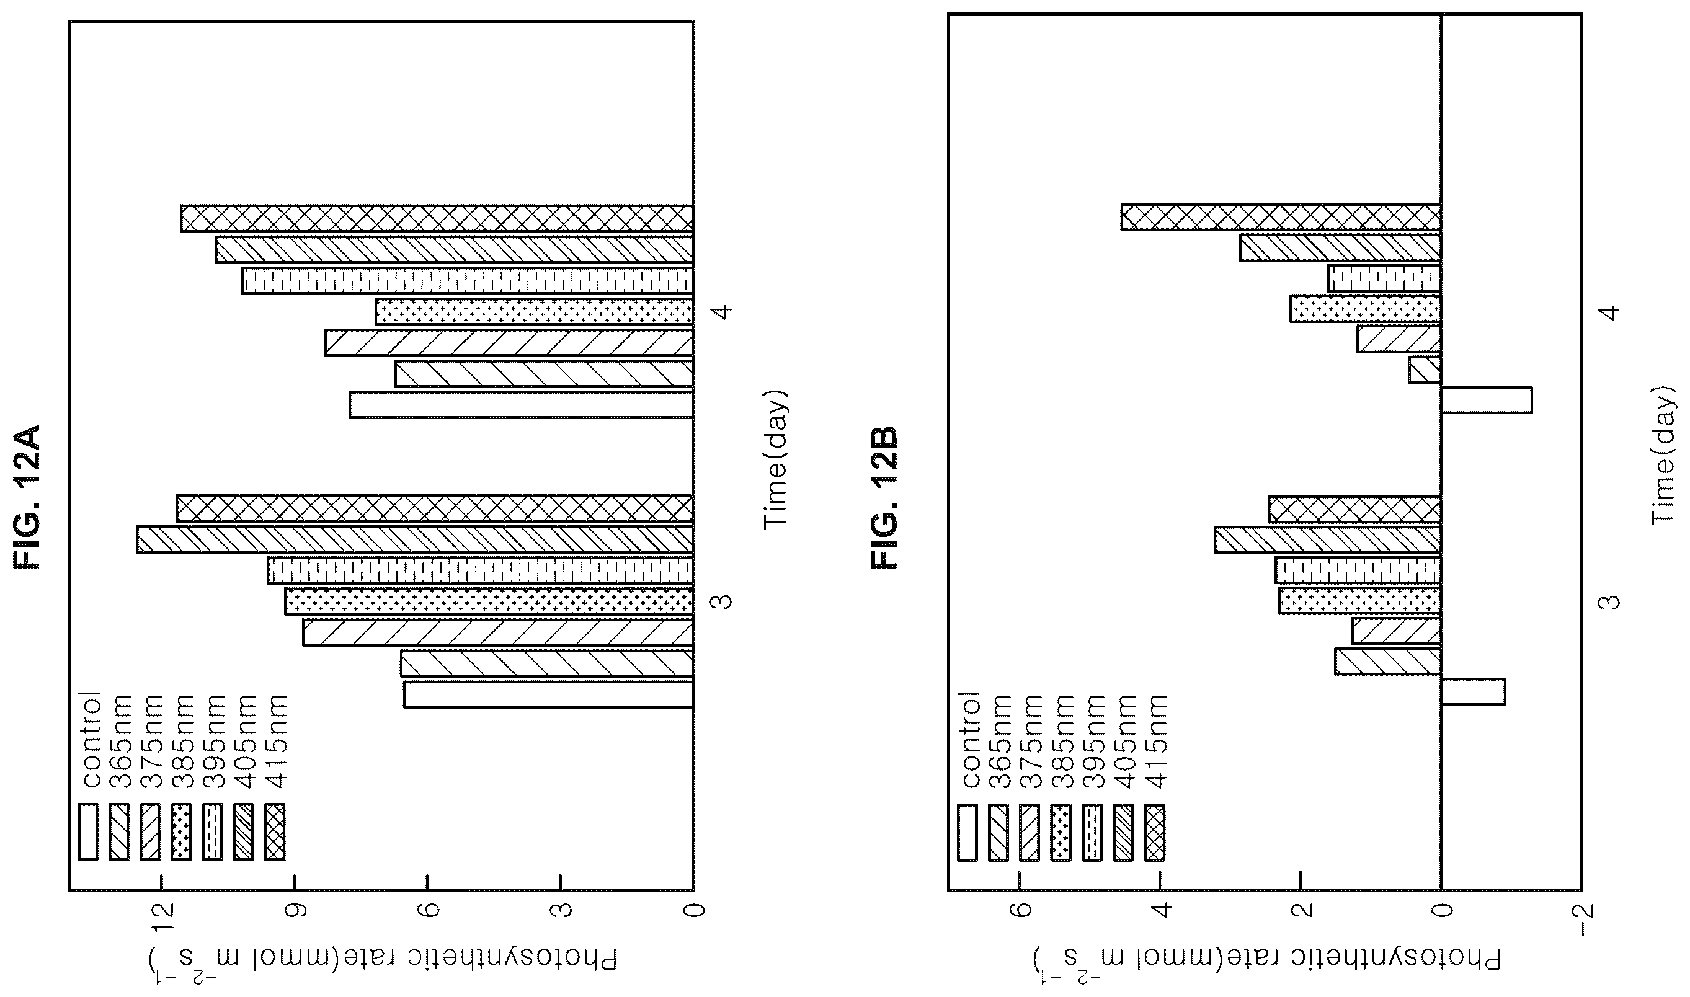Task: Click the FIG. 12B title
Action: [883, 496]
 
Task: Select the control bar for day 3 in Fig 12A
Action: [548, 694]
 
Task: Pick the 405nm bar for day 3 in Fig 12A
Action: [415, 539]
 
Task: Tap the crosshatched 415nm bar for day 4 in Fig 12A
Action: [437, 219]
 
